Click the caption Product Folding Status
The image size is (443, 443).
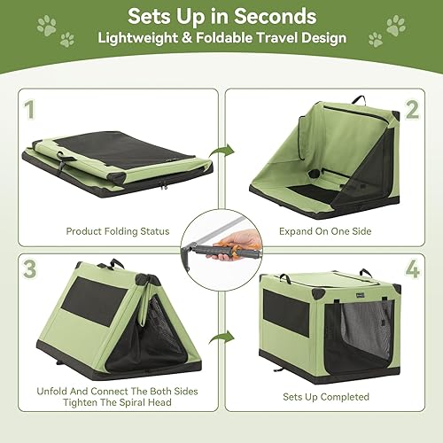[117, 231]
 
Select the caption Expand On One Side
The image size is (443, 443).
[325, 231]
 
